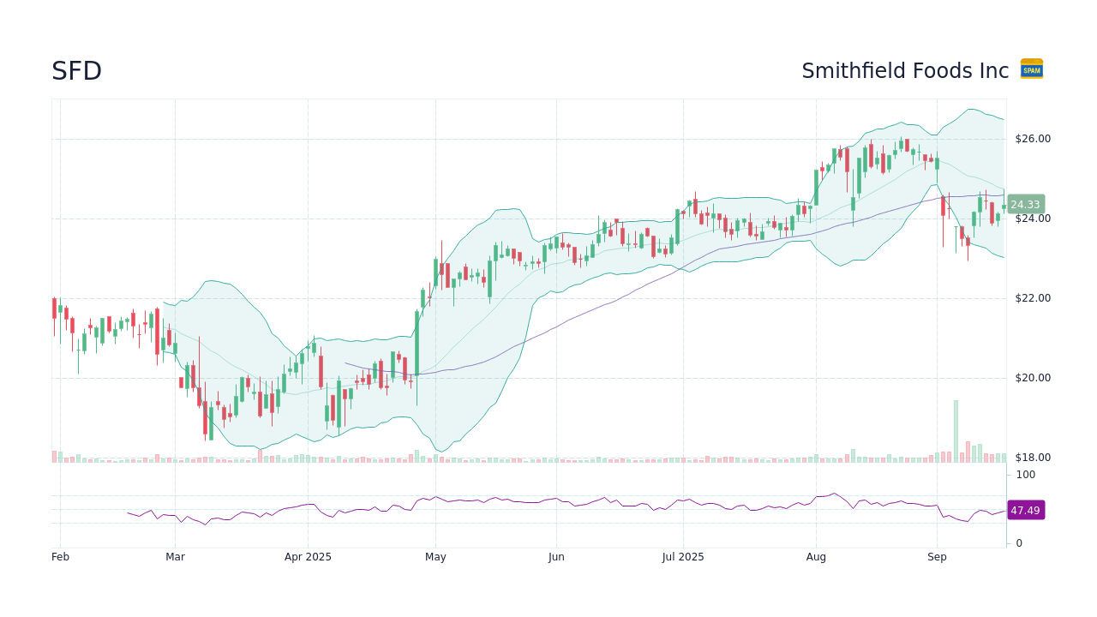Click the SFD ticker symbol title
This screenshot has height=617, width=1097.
click(76, 71)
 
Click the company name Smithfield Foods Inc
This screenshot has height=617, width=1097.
click(905, 71)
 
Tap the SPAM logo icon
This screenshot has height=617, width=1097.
click(1031, 69)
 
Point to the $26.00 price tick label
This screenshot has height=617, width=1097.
click(1032, 139)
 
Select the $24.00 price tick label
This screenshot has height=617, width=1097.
click(1032, 219)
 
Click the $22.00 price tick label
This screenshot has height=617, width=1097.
click(1032, 298)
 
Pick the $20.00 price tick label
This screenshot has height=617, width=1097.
click(1032, 378)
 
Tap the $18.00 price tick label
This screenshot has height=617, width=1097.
click(1032, 458)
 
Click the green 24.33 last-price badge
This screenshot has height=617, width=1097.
click(1025, 205)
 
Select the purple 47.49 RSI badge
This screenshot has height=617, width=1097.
click(1025, 510)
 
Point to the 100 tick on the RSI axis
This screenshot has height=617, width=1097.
click(1025, 475)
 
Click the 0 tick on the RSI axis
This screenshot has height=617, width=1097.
click(1019, 543)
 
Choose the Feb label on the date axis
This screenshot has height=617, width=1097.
click(60, 557)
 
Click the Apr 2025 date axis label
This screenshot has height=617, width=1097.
click(308, 557)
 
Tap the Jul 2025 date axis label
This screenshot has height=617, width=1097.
click(683, 557)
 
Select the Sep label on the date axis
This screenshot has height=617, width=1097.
click(937, 557)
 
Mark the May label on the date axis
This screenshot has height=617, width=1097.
click(435, 557)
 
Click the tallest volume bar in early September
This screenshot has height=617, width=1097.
click(956, 431)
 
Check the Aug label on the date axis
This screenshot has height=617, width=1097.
click(816, 557)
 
